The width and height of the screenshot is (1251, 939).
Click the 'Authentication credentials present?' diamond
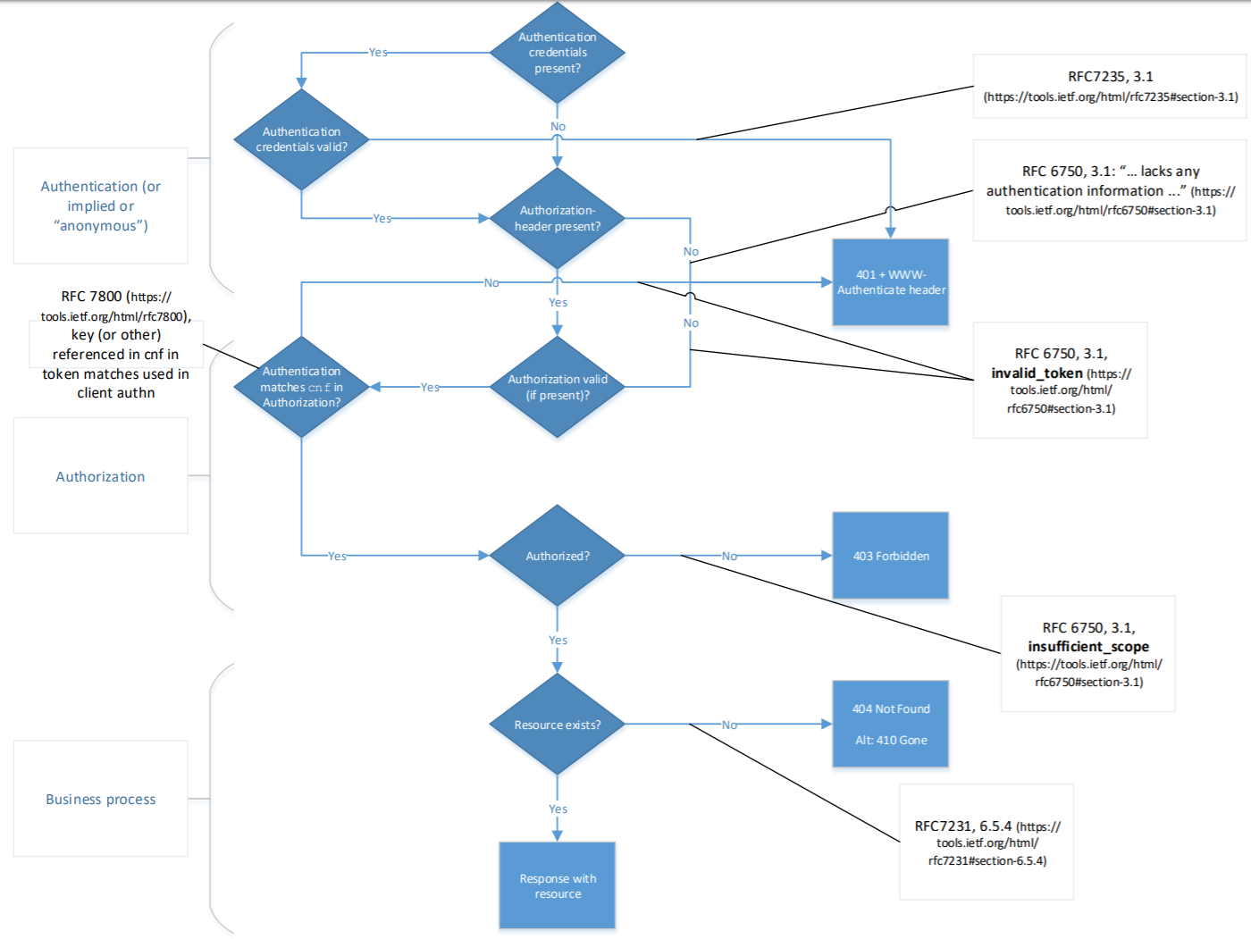click(557, 53)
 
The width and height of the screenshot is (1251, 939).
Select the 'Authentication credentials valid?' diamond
click(301, 139)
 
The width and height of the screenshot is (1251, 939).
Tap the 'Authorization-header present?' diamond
click(557, 218)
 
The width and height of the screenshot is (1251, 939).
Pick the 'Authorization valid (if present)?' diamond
click(557, 387)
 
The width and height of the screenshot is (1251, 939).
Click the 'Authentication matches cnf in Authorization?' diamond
click(301, 387)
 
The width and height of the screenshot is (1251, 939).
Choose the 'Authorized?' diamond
click(557, 556)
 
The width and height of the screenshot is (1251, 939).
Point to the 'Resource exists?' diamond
click(557, 725)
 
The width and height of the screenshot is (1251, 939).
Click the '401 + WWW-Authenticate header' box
click(890, 282)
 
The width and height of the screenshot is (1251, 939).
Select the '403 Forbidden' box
click(890, 556)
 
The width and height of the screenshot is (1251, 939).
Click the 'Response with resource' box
click(557, 885)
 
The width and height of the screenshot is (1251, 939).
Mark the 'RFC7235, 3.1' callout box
click(1110, 86)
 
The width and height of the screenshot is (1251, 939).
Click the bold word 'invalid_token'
click(1037, 373)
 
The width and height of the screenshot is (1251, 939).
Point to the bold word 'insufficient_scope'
click(1087, 647)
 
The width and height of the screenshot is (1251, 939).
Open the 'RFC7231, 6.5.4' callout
click(987, 842)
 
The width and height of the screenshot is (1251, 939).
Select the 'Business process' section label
click(100, 799)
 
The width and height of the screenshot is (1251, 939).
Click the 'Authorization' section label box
click(100, 476)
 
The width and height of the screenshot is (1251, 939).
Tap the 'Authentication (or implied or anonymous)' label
click(100, 205)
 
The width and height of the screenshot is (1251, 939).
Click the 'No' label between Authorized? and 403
click(729, 556)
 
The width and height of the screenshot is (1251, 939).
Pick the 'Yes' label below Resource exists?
click(558, 809)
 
